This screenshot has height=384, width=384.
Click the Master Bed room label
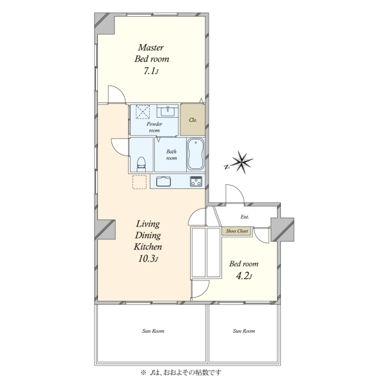(152, 53)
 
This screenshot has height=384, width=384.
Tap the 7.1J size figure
(151, 71)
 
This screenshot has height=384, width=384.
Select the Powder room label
(154, 127)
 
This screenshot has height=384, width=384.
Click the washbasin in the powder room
(168, 111)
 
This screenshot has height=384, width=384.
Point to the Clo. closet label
(193, 120)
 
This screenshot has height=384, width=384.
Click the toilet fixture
(141, 164)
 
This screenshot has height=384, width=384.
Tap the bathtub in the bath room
(195, 154)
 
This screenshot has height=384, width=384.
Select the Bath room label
(172, 155)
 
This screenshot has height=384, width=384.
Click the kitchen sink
(164, 182)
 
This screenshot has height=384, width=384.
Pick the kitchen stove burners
(196, 182)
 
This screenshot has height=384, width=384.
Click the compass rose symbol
(239, 162)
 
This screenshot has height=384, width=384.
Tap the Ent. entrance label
(244, 217)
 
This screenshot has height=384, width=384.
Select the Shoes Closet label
(237, 231)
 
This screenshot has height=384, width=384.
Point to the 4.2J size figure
(244, 276)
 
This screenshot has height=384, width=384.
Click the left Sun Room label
(153, 331)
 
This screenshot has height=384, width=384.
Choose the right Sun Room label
(244, 331)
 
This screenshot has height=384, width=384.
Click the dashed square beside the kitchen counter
(140, 182)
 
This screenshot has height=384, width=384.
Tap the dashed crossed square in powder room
(143, 112)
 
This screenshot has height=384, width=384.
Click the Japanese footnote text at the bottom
(180, 372)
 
